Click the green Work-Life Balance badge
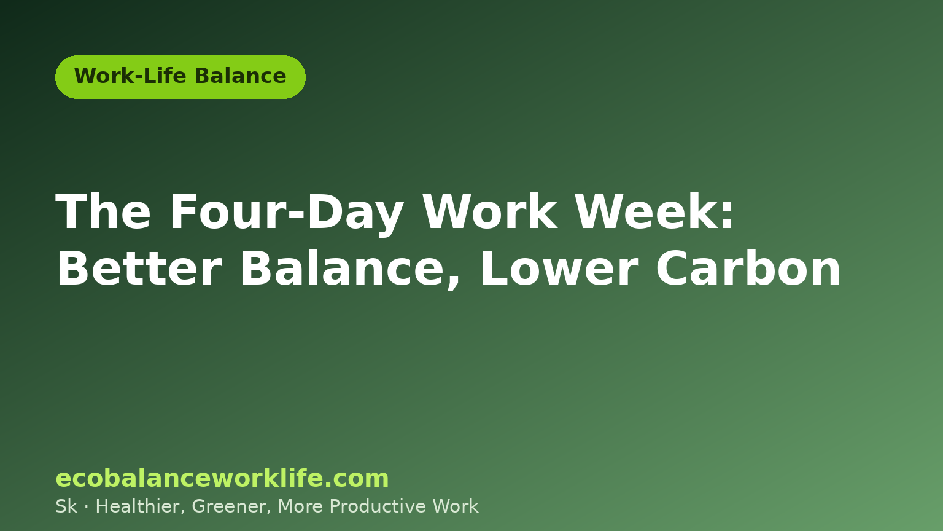click(x=180, y=77)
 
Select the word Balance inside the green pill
click(x=241, y=76)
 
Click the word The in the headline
click(x=103, y=211)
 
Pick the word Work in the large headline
click(x=491, y=211)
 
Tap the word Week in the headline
click(x=646, y=211)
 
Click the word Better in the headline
click(x=139, y=269)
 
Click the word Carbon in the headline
click(x=748, y=269)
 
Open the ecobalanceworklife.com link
click(x=222, y=478)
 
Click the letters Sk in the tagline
click(x=66, y=506)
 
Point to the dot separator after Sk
click(x=87, y=507)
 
